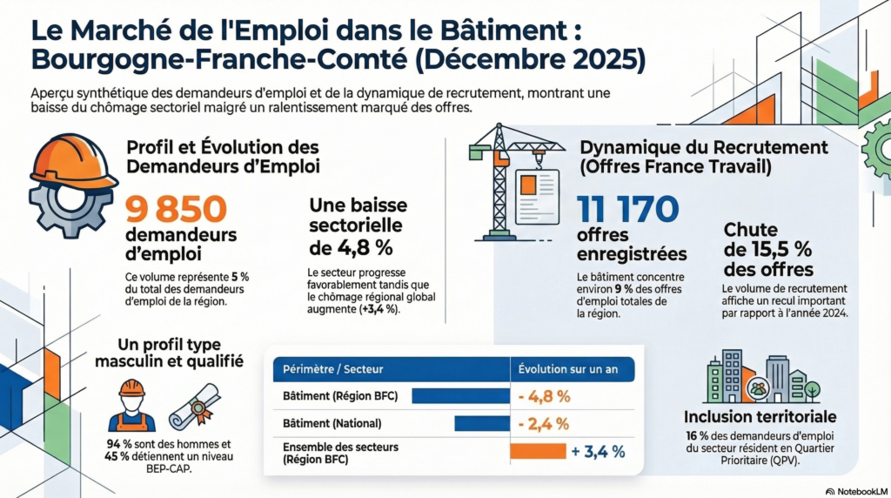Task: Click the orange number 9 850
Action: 177,208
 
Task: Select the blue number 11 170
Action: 626,209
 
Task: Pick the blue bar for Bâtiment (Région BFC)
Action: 460,396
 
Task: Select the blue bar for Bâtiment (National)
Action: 481,424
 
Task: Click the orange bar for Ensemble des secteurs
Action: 536,451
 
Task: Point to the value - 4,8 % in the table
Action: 544,396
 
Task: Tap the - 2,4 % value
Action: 544,424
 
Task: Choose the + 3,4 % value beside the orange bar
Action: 600,451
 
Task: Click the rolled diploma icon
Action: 194,405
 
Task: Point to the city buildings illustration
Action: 757,377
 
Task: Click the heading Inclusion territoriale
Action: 760,417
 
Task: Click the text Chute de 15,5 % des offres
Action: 768,249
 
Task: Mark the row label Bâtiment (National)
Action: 332,424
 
